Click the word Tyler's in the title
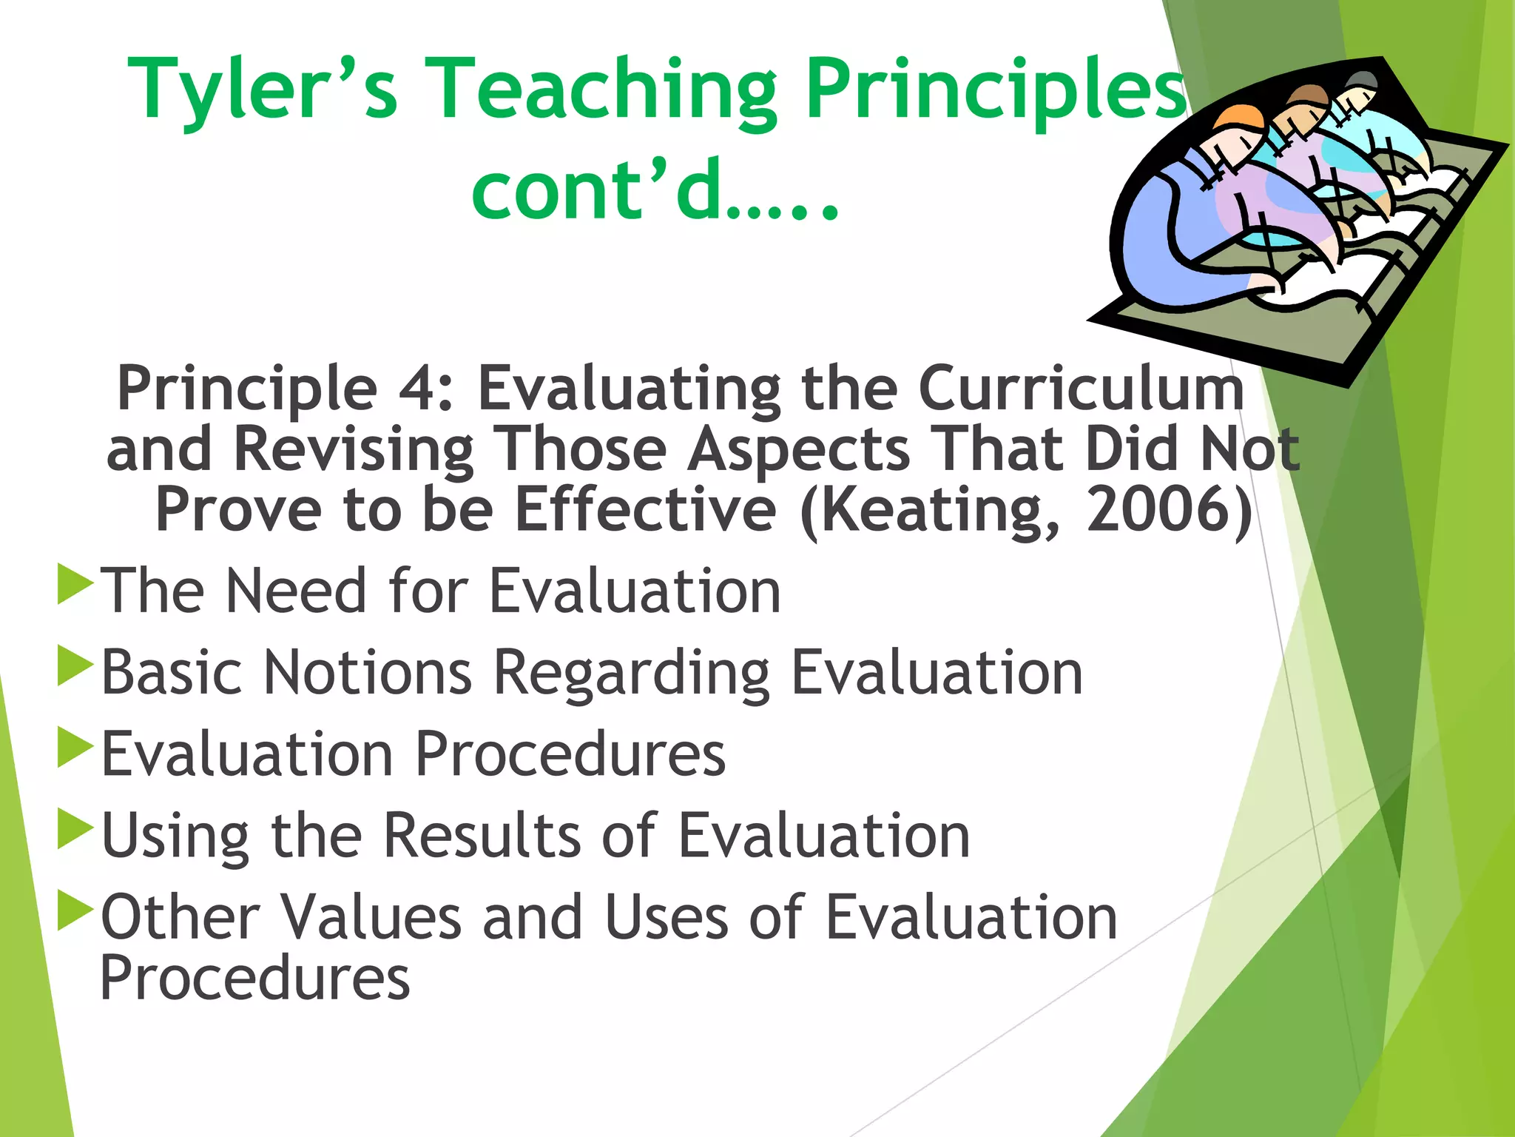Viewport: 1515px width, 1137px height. (263, 90)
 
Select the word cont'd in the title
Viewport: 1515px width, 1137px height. (596, 191)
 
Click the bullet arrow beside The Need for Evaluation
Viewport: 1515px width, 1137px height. (74, 585)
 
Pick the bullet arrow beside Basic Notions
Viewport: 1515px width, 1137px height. (74, 666)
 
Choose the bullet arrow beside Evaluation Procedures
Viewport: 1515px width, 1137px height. (74, 748)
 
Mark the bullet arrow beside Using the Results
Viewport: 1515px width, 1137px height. (74, 829)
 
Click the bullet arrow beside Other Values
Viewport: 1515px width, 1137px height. (74, 910)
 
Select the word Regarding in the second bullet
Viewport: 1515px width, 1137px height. (631, 674)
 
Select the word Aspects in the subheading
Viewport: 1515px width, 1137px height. (798, 449)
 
